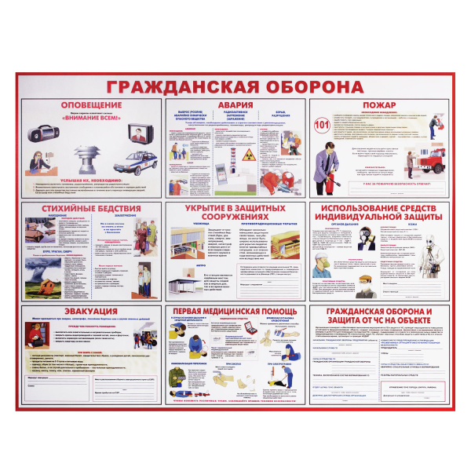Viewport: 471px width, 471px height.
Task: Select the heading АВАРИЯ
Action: pyautogui.click(x=236, y=104)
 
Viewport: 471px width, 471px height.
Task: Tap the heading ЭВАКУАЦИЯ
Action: pyautogui.click(x=80, y=311)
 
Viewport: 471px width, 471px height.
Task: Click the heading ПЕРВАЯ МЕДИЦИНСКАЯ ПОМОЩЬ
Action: pyautogui.click(x=235, y=312)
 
